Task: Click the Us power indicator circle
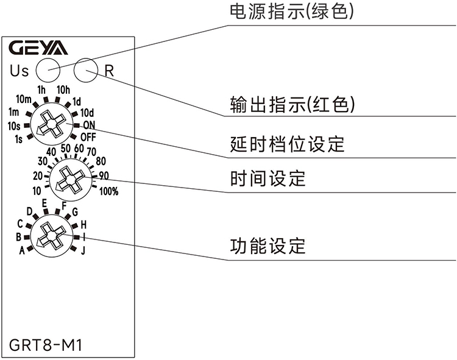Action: (47, 70)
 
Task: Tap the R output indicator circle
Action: (86, 70)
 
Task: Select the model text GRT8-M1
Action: (46, 346)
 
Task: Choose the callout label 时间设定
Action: (267, 179)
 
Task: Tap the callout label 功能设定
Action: (267, 247)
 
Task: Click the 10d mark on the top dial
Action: (87, 113)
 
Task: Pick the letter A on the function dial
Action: (21, 250)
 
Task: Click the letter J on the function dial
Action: (83, 250)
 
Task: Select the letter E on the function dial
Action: (44, 203)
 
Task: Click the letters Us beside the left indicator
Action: (19, 71)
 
